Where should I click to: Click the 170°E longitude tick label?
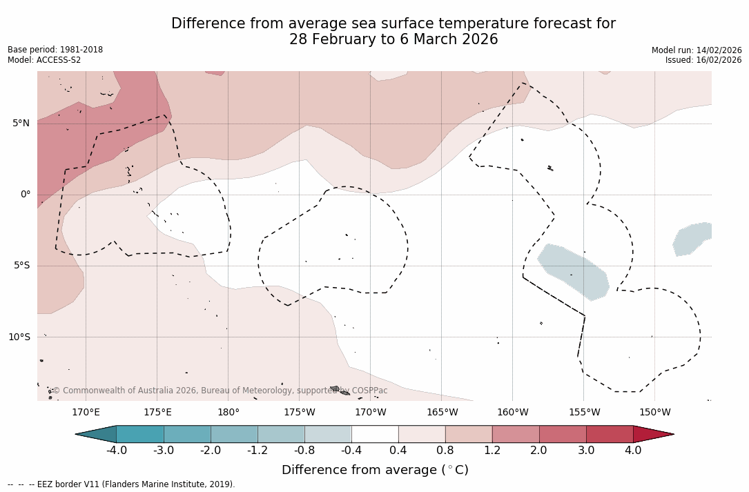point(86,413)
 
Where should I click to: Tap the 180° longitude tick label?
point(228,413)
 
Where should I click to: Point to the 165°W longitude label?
point(442,413)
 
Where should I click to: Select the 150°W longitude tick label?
point(655,413)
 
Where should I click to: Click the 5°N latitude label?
point(21,124)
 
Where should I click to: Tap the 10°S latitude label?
point(19,337)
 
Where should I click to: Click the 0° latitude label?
point(26,195)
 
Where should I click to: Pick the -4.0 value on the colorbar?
point(116,451)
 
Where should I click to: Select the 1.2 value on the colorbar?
point(492,451)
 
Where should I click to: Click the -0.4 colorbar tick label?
point(351,451)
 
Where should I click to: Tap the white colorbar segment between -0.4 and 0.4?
point(375,434)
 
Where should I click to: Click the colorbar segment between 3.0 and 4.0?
point(610,434)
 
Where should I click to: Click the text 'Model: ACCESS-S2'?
point(44,60)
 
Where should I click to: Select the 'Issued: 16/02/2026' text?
point(703,60)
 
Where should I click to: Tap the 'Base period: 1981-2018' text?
point(55,50)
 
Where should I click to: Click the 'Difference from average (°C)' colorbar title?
point(375,470)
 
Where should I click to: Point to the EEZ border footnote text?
point(121,484)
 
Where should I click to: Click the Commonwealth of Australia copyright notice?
point(220,391)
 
